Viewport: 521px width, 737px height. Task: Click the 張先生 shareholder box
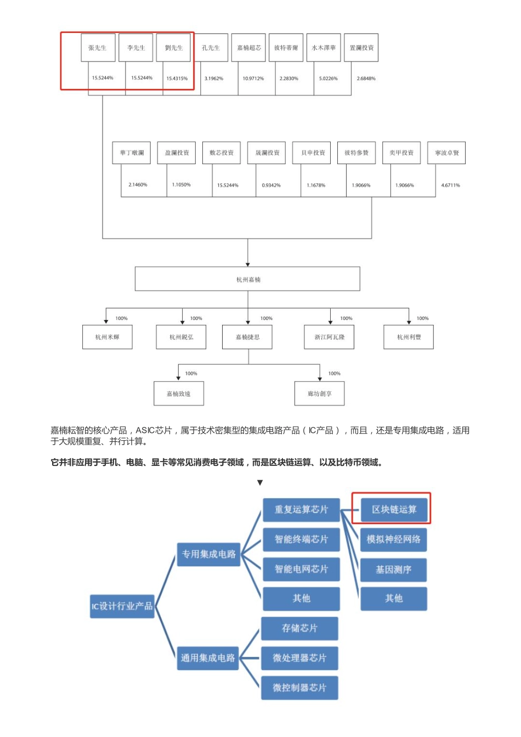(98, 48)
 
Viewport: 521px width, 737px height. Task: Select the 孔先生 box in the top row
(211, 48)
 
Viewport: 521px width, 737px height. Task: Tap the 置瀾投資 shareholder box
(362, 48)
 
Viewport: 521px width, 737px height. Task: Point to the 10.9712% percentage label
(253, 78)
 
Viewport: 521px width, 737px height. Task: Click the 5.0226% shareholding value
(328, 78)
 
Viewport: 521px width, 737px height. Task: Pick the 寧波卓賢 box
(446, 153)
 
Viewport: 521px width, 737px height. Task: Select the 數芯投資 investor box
(222, 153)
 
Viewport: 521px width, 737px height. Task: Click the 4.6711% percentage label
(450, 185)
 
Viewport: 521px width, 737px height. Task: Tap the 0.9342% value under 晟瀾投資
(271, 185)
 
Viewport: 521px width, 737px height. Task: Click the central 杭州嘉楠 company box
(248, 279)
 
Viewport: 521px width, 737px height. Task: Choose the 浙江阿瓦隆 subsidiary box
(329, 337)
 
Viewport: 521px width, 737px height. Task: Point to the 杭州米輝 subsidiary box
(107, 337)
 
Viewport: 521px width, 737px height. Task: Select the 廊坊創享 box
(319, 393)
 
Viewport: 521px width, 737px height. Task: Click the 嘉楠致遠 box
(178, 393)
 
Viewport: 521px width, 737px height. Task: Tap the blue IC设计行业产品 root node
(122, 606)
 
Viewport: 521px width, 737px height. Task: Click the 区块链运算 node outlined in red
(394, 509)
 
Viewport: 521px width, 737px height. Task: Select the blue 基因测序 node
(393, 570)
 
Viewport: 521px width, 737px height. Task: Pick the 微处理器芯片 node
(299, 658)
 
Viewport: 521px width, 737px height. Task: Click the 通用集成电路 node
(208, 658)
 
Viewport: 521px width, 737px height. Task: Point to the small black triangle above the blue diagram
(260, 483)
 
